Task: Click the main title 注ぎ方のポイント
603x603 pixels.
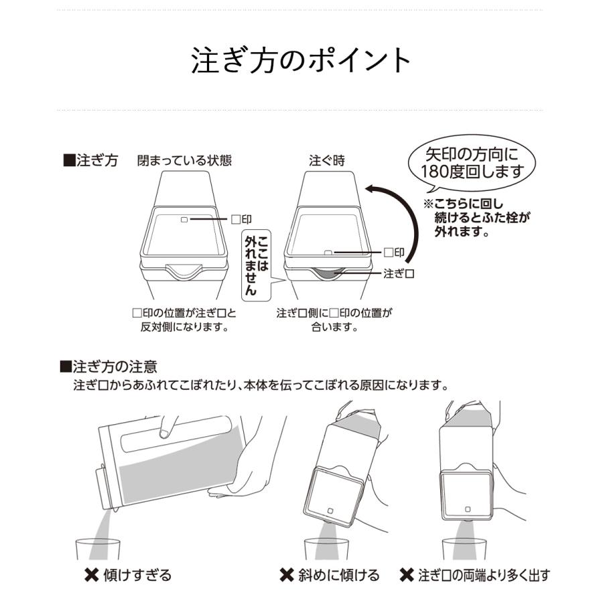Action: click(301, 60)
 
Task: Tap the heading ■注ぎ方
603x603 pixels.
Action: click(90, 161)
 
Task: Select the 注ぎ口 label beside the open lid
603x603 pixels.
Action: click(401, 273)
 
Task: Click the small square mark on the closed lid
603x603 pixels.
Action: click(185, 219)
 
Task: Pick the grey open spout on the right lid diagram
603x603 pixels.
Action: click(328, 272)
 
